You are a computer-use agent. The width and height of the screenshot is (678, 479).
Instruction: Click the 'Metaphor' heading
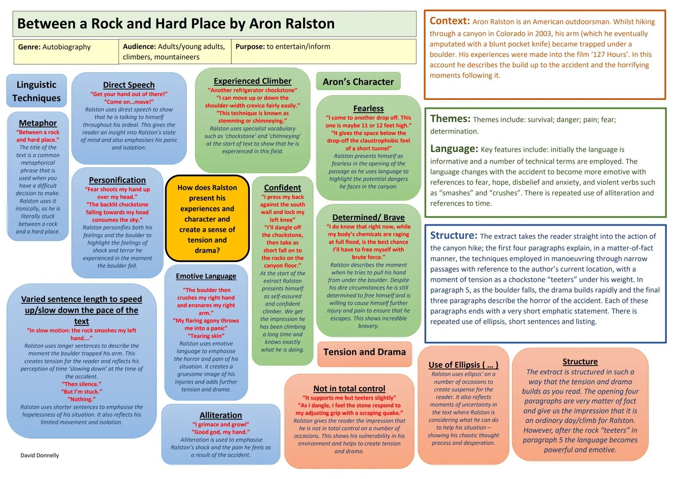[x=38, y=123]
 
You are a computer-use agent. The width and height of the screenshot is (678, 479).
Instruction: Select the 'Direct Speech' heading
[x=129, y=85]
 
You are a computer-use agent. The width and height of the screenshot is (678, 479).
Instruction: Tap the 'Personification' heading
[x=117, y=180]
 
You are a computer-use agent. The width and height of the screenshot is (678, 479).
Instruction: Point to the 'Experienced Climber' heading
[x=253, y=81]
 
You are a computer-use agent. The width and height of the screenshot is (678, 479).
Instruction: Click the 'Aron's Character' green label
[x=358, y=81]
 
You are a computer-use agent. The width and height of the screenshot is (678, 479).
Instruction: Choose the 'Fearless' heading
[x=369, y=108]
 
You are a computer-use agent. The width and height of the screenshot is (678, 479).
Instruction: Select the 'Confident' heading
[x=282, y=188]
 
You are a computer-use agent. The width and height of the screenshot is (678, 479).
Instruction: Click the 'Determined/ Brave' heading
[x=369, y=217]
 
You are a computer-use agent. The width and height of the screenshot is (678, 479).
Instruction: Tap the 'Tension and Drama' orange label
[x=365, y=352]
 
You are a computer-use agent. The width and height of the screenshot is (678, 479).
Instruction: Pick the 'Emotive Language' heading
[x=206, y=276]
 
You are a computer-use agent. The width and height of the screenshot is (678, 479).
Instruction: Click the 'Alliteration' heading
[x=221, y=415]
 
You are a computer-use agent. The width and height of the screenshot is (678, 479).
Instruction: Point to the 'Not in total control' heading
[x=349, y=389]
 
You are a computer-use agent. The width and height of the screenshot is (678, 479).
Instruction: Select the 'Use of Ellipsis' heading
[x=464, y=365]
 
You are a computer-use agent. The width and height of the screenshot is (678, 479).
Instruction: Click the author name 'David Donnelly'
[x=40, y=455]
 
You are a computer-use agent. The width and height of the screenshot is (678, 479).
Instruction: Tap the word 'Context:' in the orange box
[x=449, y=21]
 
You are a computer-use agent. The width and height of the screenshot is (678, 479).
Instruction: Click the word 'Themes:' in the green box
[x=450, y=118]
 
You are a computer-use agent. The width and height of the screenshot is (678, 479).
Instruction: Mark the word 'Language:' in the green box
[x=454, y=149]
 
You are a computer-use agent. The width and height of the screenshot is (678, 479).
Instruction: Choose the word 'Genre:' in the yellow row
[x=29, y=47]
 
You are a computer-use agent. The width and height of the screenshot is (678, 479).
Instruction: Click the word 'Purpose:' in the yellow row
[x=250, y=47]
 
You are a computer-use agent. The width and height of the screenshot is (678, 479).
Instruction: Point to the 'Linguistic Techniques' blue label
[x=36, y=91]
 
